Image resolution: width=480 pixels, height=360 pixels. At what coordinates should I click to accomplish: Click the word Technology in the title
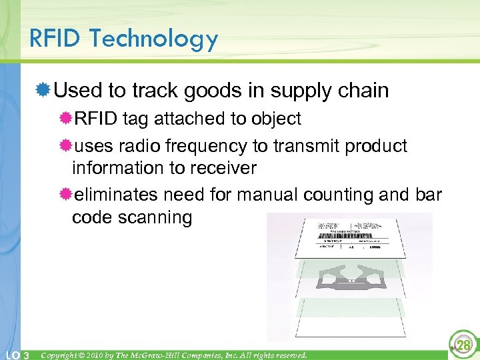154,40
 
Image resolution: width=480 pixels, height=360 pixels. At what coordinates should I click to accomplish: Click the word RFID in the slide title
57,39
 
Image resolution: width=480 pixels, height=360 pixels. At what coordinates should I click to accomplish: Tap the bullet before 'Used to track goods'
44,90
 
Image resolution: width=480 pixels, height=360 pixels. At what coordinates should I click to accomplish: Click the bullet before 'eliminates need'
65,195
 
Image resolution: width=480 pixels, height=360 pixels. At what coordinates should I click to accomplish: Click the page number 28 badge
462,343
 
